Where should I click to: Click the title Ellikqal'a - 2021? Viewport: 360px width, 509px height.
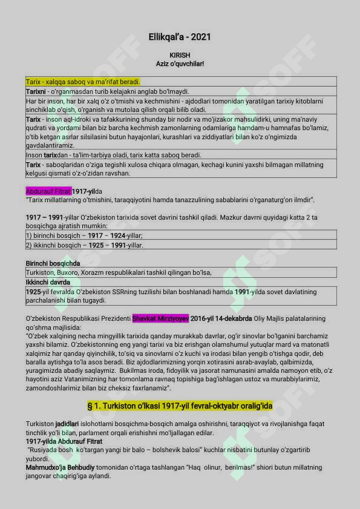(180, 37)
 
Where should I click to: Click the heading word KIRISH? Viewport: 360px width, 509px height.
(180, 54)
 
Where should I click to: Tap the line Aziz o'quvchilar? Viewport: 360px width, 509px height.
(180, 63)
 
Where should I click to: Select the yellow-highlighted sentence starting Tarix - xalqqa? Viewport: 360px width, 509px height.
(83, 82)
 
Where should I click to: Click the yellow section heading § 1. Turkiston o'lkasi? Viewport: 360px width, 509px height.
(180, 405)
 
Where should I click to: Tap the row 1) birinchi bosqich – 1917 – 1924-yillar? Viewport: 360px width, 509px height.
(84, 235)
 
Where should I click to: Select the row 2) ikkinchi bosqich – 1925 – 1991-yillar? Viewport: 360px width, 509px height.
(84, 245)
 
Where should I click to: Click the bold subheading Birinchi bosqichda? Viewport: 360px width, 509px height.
(53, 263)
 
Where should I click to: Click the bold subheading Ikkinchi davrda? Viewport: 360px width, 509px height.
(48, 282)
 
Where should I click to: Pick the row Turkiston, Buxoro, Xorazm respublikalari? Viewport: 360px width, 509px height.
(119, 273)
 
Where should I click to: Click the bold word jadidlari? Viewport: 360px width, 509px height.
(67, 424)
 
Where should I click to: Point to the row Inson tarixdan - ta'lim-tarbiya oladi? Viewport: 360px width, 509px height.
(113, 155)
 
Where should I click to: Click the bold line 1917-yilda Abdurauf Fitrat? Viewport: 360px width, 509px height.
(64, 441)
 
